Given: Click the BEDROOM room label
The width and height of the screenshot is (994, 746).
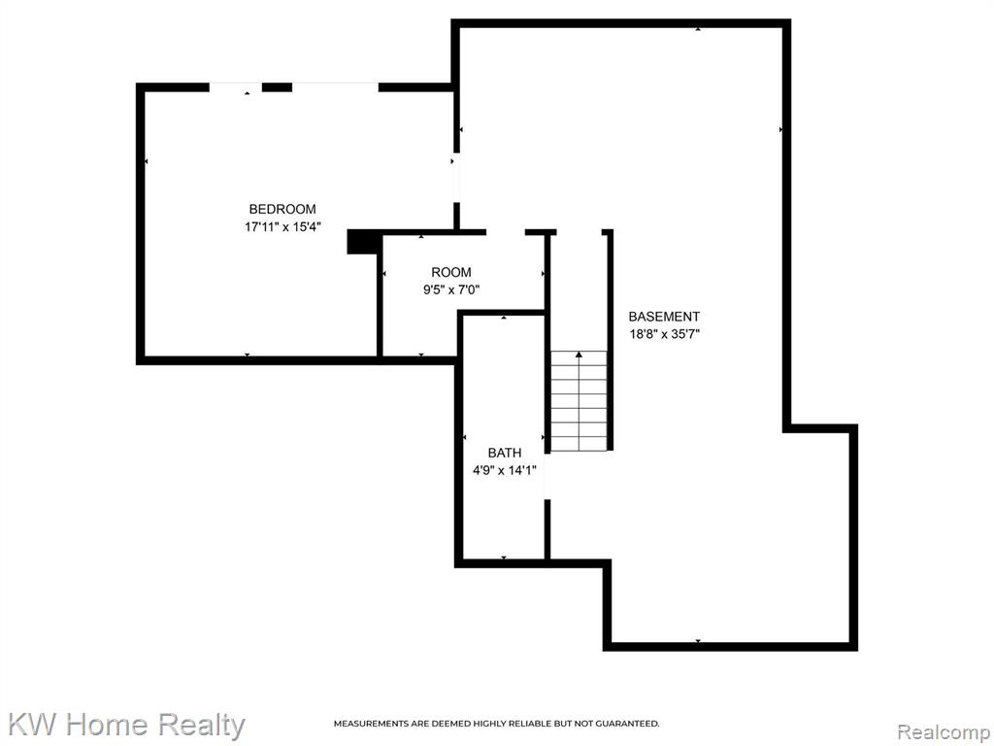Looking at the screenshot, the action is pyautogui.click(x=282, y=209).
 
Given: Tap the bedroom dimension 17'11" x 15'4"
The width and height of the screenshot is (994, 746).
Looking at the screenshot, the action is pyautogui.click(x=282, y=226).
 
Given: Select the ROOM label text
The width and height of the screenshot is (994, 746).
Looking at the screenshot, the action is pyautogui.click(x=451, y=272).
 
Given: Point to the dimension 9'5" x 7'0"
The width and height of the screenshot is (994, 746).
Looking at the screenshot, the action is pyautogui.click(x=451, y=289).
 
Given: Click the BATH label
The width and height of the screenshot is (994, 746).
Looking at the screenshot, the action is pyautogui.click(x=505, y=453).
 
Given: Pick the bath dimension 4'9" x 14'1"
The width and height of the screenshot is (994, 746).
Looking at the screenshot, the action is pyautogui.click(x=505, y=470).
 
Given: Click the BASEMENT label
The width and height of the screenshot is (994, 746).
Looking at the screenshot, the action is pyautogui.click(x=664, y=316).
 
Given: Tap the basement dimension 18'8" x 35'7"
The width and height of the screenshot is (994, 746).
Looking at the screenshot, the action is pyautogui.click(x=664, y=334).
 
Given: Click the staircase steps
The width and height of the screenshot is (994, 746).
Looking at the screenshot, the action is pyautogui.click(x=579, y=401).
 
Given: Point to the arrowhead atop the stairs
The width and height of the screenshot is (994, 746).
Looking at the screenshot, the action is pyautogui.click(x=579, y=355).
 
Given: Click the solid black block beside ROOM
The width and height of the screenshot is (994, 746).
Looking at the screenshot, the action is pyautogui.click(x=363, y=242).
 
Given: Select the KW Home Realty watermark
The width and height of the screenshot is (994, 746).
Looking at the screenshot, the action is pyautogui.click(x=127, y=725).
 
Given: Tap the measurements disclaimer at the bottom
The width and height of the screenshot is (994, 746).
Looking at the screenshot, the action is pyautogui.click(x=496, y=723).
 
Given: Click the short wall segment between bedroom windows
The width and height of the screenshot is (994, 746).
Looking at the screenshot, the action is pyautogui.click(x=277, y=86).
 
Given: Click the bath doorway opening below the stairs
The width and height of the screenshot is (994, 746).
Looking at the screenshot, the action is pyautogui.click(x=547, y=476).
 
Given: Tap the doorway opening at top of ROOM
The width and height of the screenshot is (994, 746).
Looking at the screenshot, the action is pyautogui.click(x=505, y=232).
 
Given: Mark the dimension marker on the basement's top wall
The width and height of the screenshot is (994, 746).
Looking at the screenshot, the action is pyautogui.click(x=698, y=29).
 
